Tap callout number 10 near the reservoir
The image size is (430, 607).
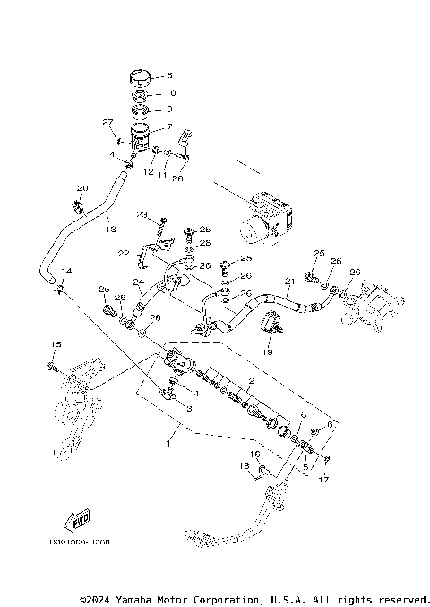[171, 93]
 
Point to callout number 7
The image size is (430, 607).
[169, 127]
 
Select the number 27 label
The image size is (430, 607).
[107, 122]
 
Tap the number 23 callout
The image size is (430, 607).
[142, 214]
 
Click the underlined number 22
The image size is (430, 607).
[124, 253]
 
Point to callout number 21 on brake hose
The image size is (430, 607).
[288, 282]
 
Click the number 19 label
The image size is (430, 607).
[267, 352]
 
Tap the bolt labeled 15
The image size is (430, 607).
[55, 365]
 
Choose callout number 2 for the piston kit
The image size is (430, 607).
[253, 382]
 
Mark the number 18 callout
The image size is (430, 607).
[243, 466]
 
